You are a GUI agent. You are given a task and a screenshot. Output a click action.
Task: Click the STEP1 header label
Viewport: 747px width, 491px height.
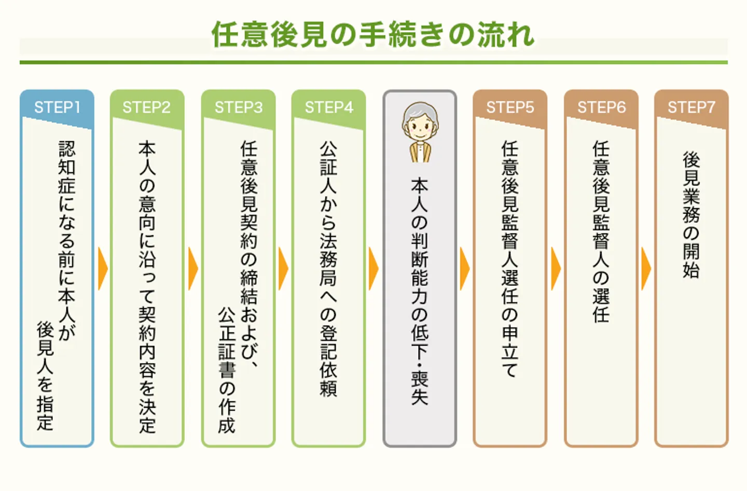57,107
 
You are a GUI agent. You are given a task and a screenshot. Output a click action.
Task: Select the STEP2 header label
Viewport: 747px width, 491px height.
147,107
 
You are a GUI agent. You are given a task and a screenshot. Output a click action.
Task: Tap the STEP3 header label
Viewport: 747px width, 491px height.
239,107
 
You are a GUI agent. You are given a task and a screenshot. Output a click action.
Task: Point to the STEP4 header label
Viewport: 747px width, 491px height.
329,107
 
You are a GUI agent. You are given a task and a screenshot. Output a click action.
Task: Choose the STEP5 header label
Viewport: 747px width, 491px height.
510,107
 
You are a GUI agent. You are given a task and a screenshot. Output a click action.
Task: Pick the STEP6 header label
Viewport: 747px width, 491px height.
601,107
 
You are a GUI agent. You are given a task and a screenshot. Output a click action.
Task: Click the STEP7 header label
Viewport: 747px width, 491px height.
691,107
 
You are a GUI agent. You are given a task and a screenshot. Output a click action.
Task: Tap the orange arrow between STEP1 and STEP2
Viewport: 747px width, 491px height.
103,269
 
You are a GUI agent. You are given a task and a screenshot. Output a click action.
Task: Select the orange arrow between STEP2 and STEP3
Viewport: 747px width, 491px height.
193,269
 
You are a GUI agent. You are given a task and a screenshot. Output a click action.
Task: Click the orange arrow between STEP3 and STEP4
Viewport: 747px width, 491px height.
283,269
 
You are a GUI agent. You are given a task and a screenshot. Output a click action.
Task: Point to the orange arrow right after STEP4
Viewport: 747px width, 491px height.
374,269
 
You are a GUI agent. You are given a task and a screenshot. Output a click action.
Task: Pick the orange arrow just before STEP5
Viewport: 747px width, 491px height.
464,269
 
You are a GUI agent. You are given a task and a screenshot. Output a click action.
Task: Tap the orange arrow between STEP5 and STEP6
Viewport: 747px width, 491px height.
556,269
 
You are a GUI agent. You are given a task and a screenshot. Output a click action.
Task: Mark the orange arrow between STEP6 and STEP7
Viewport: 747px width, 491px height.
646,269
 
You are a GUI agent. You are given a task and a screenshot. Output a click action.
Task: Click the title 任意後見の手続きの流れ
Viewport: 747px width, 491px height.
372,35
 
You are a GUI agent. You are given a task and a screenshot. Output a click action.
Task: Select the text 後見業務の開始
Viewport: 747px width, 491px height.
691,214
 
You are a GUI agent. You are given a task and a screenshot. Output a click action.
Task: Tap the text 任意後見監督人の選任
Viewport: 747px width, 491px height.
601,231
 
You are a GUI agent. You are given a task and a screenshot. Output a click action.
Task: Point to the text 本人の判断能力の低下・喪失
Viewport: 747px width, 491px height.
420,291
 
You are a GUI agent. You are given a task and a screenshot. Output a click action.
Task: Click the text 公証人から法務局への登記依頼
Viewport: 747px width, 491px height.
328,269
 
